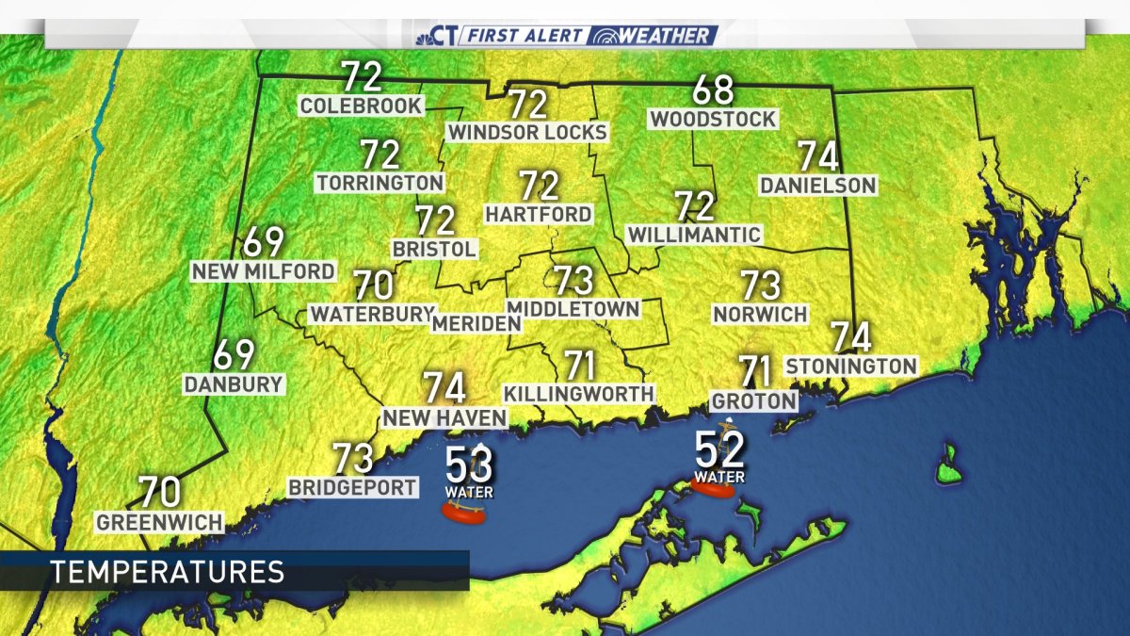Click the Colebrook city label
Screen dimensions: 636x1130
pyautogui.click(x=362, y=106)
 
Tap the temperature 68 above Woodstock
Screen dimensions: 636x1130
pyautogui.click(x=713, y=91)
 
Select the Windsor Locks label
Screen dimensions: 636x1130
pyautogui.click(x=527, y=133)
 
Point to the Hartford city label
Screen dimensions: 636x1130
pyautogui.click(x=539, y=215)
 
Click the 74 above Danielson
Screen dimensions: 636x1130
pyautogui.click(x=818, y=156)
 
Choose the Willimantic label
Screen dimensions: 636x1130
pyautogui.click(x=694, y=234)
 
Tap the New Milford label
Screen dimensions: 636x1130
pyautogui.click(x=263, y=271)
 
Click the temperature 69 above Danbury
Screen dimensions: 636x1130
pyautogui.click(x=234, y=355)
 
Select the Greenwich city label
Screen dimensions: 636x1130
pyautogui.click(x=160, y=522)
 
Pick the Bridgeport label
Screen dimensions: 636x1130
pyautogui.click(x=353, y=487)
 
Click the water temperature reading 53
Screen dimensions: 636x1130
pyautogui.click(x=469, y=464)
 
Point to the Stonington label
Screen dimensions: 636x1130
pyautogui.click(x=851, y=366)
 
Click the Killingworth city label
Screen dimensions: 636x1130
pyautogui.click(x=579, y=393)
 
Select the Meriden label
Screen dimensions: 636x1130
pyautogui.click(x=476, y=323)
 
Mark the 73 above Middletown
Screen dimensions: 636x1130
pyautogui.click(x=573, y=280)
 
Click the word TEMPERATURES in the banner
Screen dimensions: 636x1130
pyautogui.click(x=167, y=571)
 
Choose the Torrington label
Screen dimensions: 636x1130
pyautogui.click(x=379, y=182)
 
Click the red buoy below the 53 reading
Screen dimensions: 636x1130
pyautogui.click(x=463, y=513)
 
